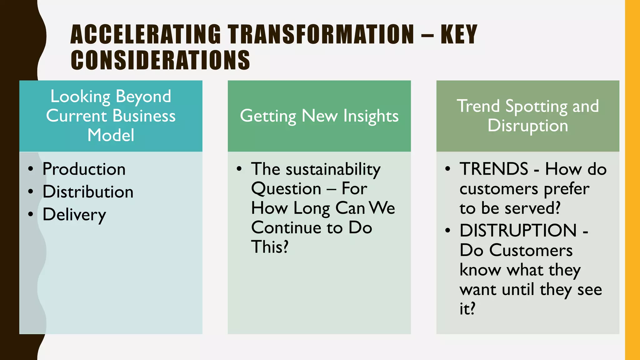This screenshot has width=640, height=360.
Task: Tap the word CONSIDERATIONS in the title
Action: pos(160,60)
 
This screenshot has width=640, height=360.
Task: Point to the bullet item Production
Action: pos(84,169)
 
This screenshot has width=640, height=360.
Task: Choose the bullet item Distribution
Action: pos(88,192)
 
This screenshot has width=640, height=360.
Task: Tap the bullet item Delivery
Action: pos(74,215)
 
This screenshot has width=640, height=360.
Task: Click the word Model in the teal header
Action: pos(111,135)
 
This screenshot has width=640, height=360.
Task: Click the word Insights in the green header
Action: pos(371,116)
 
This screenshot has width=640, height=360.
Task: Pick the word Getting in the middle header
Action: pos(268,116)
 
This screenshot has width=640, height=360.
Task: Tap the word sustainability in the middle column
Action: pos(333,169)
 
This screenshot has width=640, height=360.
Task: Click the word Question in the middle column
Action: pos(286,189)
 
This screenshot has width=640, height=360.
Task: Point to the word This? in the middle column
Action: pos(270,247)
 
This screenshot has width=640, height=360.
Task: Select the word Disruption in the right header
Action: pos(528,126)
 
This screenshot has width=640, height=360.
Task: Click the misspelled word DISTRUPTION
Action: pos(518,231)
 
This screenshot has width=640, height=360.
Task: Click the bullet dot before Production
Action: pos(30,169)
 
